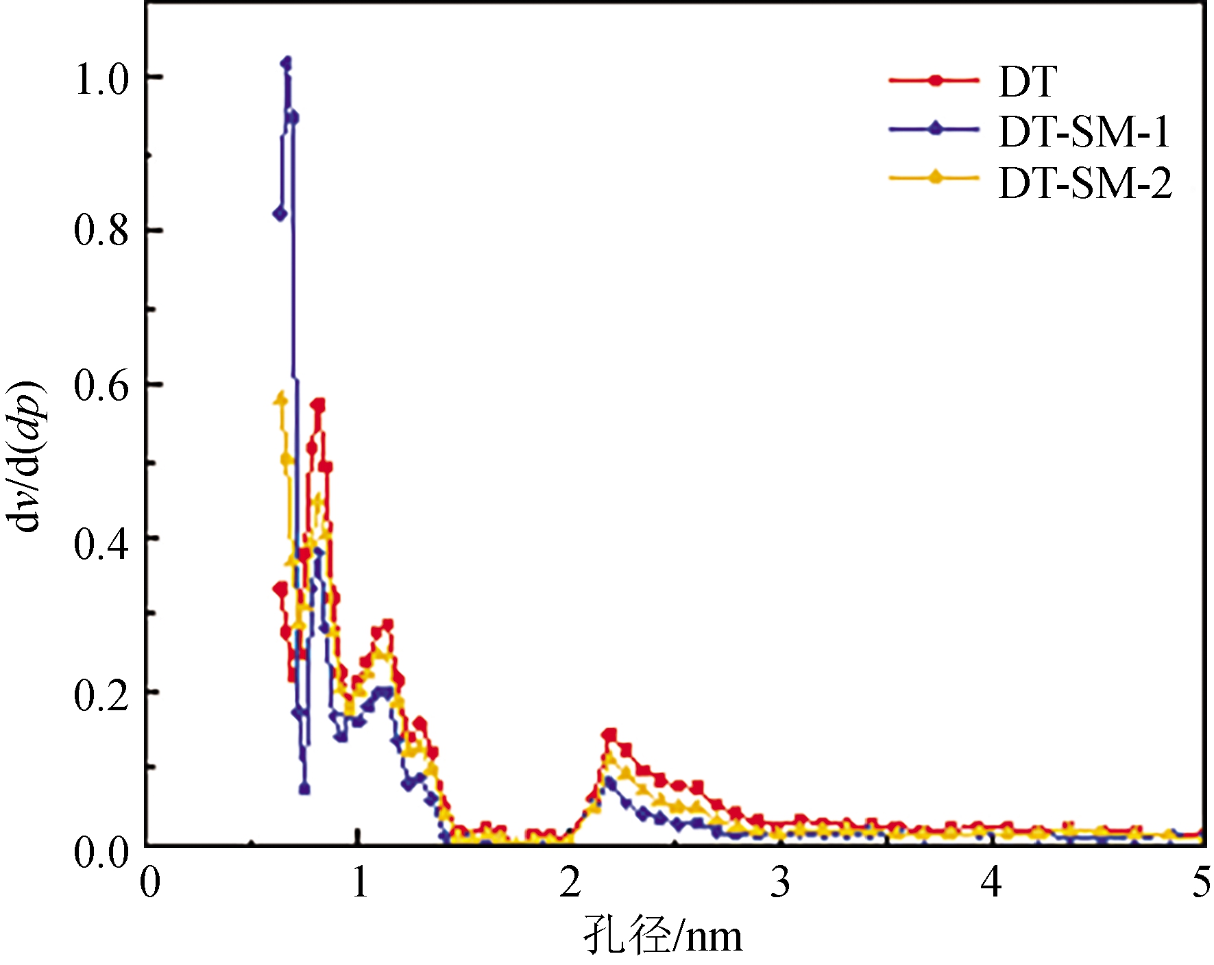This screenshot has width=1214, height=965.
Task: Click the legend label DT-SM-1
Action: (1084, 131)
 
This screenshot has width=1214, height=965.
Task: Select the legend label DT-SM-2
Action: (1085, 183)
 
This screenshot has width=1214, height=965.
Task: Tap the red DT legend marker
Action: (935, 80)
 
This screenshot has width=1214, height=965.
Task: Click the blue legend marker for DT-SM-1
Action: (935, 129)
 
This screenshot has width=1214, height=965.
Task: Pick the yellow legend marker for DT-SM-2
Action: (935, 178)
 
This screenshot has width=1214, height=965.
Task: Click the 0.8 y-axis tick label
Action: (101, 231)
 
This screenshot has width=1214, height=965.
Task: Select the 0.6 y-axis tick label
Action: (101, 385)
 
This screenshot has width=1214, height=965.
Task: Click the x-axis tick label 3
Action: (779, 883)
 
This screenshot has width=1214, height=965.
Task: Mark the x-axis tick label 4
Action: (991, 883)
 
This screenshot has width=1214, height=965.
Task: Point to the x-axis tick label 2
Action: (569, 883)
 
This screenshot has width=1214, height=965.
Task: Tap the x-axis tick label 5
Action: (1200, 883)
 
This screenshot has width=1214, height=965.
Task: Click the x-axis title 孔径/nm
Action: (662, 936)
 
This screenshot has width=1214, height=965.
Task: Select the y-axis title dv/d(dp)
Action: (27, 457)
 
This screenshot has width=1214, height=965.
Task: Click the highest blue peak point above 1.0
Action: (287, 63)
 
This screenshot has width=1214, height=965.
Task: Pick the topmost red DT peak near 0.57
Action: (318, 405)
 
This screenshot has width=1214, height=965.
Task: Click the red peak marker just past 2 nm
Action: (609, 735)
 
